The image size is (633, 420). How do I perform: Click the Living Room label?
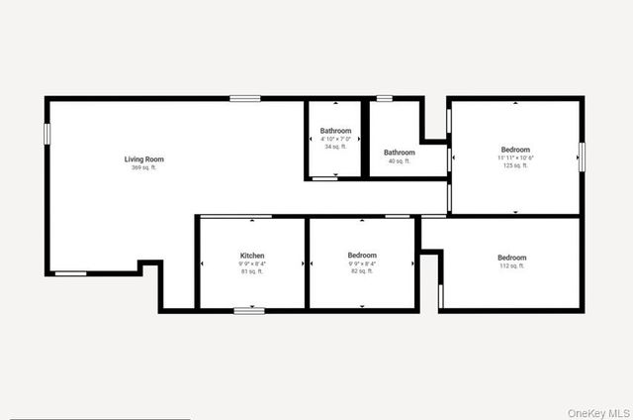tap(143, 159)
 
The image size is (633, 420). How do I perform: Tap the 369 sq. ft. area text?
tap(143, 168)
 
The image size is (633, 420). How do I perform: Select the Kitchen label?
tap(251, 256)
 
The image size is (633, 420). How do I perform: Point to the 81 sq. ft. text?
tap(251, 271)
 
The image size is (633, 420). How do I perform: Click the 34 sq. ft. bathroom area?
tap(335, 147)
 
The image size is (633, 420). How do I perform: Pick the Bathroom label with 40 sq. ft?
tap(399, 152)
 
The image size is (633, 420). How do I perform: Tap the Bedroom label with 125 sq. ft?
tap(514, 150)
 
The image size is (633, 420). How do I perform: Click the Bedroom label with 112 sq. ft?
tap(511, 258)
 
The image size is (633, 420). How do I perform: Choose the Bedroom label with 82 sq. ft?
tap(362, 256)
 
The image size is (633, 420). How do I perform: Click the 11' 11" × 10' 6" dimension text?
tap(514, 157)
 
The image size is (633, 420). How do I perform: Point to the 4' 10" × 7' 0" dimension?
tap(335, 139)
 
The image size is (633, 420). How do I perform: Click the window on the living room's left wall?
tap(46, 134)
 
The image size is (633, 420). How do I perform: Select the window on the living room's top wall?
tap(244, 98)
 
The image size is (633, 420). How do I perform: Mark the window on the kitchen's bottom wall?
tap(249, 311)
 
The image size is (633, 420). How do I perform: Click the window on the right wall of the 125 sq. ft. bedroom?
tap(582, 157)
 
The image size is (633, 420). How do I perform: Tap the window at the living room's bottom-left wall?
tap(70, 273)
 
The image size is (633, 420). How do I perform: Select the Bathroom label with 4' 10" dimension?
tap(335, 131)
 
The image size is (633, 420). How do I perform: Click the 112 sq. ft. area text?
tap(511, 266)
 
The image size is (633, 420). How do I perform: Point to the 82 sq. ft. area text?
tap(362, 271)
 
